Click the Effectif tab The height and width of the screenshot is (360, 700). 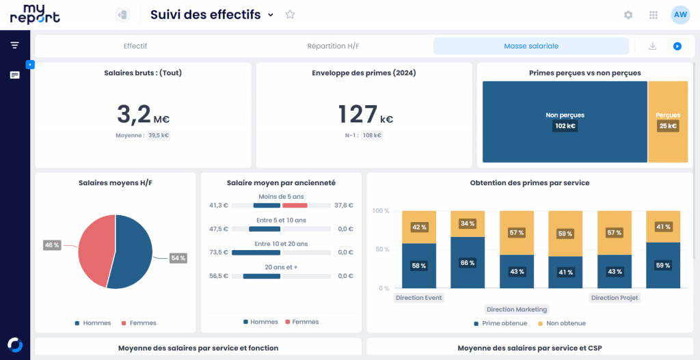[x=135, y=46]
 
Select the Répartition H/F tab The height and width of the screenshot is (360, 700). [x=333, y=46]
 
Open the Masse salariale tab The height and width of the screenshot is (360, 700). [x=531, y=46]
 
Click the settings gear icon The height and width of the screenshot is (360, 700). [x=628, y=15]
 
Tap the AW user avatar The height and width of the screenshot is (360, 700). [x=680, y=15]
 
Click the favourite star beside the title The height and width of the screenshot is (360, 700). [x=290, y=14]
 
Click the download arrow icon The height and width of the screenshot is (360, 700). [x=653, y=46]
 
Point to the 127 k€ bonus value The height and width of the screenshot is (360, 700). [x=366, y=114]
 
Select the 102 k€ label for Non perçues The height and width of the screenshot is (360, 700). [x=565, y=126]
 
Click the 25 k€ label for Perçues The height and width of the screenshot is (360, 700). [x=668, y=126]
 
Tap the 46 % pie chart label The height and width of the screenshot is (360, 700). [x=52, y=245]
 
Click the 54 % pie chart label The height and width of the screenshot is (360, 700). [x=178, y=258]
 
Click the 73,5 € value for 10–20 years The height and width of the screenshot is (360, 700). [x=219, y=253]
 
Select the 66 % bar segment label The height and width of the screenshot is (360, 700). [x=468, y=263]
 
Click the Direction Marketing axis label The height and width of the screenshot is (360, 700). [x=517, y=309]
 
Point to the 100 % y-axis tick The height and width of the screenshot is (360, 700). [x=381, y=211]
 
